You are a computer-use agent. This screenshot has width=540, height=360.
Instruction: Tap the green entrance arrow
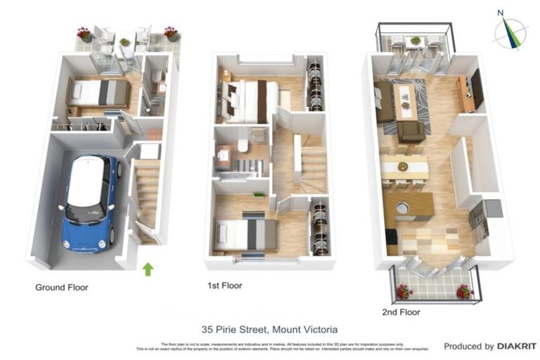coord(148,269)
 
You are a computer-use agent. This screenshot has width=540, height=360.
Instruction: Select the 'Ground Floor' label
coord(62,287)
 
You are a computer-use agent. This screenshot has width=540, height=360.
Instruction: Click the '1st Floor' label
coord(225,285)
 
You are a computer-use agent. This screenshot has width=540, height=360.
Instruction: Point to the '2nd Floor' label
coord(401,311)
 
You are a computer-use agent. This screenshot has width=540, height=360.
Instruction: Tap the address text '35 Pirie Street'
coord(234,328)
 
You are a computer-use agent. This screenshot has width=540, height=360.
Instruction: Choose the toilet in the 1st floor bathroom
coord(241,145)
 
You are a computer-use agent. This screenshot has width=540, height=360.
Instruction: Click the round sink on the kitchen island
coord(402,207)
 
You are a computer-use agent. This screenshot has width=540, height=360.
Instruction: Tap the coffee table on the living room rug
coord(405,100)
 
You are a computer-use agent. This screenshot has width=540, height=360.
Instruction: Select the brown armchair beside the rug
coord(411,131)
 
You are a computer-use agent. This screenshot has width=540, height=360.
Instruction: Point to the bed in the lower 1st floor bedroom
coord(245,234)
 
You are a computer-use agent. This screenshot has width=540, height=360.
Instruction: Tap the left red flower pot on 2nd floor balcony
coord(404,290)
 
